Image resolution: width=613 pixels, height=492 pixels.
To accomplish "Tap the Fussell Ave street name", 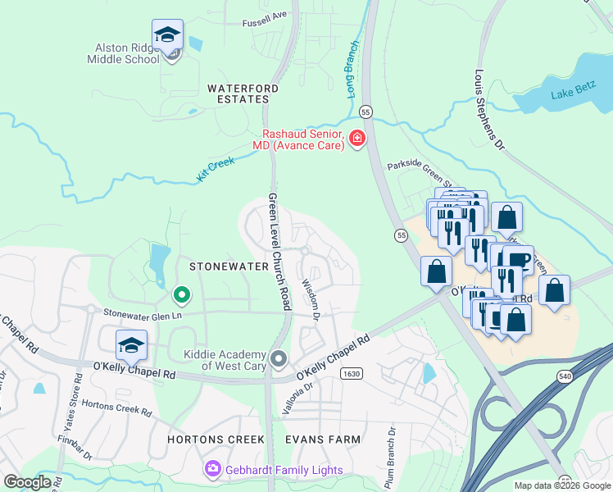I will coord(265,14).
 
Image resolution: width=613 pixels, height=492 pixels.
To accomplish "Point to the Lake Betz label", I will coord(574,93).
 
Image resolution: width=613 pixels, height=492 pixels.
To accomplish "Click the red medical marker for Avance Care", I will coord(356,139).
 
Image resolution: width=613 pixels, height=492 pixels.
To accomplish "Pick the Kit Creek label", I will coord(215,163).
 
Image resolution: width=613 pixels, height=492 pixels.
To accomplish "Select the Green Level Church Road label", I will coord(279,252).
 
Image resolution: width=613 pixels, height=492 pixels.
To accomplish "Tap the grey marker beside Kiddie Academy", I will coord(279,359).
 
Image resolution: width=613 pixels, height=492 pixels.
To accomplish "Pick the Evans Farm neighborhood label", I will coord(323,440).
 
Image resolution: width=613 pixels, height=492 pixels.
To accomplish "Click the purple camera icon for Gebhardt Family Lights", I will coord(212,468).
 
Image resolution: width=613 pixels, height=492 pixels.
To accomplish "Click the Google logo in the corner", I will coord(27,482).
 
